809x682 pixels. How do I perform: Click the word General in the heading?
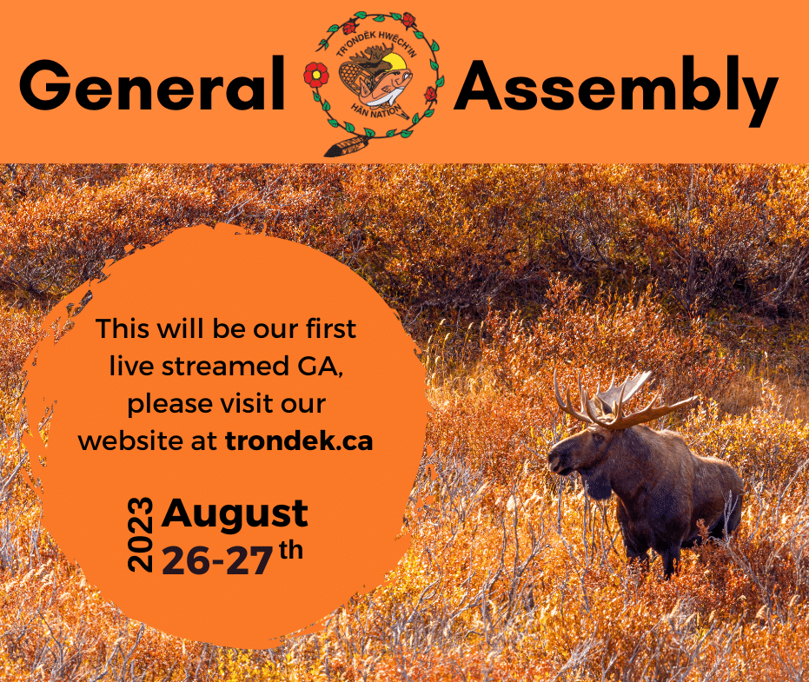point(152,84)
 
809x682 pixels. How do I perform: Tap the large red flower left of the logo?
point(315,75)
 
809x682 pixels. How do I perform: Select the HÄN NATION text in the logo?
point(375,109)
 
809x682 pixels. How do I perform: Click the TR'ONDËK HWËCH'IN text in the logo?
point(376,43)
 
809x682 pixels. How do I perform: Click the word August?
point(235,514)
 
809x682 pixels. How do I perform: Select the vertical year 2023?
point(141,534)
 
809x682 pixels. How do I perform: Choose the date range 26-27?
point(217,560)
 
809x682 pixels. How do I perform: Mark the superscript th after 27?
point(291,550)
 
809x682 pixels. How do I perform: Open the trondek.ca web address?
point(299,441)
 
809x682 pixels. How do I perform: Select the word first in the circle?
point(331,328)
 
